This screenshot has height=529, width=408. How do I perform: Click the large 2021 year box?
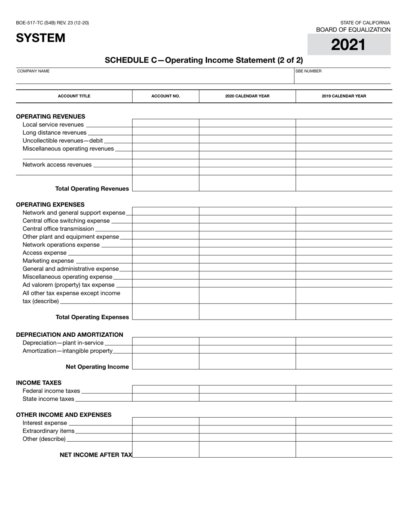click(348, 44)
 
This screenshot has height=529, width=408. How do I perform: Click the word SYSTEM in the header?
click(41, 38)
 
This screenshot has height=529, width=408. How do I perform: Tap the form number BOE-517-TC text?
click(52, 23)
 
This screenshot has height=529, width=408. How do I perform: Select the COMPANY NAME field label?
click(33, 71)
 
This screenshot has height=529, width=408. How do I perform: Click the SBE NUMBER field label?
click(308, 71)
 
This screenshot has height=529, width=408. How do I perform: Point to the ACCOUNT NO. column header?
click(165, 96)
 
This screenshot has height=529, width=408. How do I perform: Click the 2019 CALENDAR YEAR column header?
click(344, 96)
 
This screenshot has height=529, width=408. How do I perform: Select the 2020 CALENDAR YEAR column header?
click(247, 96)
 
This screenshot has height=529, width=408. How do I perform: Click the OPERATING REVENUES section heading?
click(50, 116)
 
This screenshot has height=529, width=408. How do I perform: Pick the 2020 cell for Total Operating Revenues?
click(247, 183)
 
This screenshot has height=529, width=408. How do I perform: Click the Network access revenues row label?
click(57, 164)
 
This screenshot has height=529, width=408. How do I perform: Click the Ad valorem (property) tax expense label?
click(68, 285)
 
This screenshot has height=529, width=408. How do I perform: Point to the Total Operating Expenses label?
click(92, 317)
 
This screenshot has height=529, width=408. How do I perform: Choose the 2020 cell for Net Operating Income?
click(247, 361)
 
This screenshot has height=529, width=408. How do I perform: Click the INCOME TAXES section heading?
click(39, 382)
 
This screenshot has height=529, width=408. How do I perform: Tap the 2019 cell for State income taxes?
click(344, 397)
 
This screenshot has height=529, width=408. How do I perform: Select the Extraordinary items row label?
click(48, 431)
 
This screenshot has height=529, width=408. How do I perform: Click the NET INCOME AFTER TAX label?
click(96, 455)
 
